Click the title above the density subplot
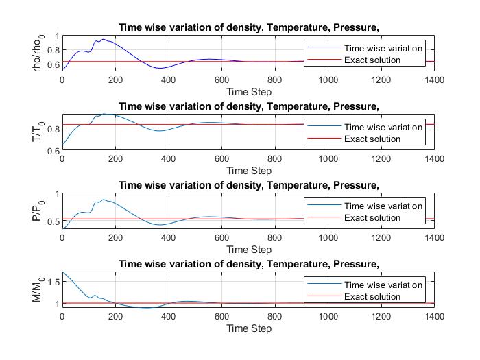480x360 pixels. (249, 27)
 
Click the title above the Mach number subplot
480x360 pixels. (249, 264)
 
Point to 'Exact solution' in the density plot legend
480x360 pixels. (372, 60)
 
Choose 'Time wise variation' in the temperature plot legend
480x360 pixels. (383, 127)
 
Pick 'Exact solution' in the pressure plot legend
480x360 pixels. (372, 218)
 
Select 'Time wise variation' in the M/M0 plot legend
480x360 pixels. (383, 285)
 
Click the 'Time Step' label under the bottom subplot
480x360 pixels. (249, 328)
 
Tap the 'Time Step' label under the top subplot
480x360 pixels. (249, 92)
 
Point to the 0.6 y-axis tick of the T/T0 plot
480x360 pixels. (52, 151)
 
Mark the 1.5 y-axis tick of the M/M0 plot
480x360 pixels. (52, 281)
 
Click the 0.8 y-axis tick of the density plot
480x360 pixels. (52, 50)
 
